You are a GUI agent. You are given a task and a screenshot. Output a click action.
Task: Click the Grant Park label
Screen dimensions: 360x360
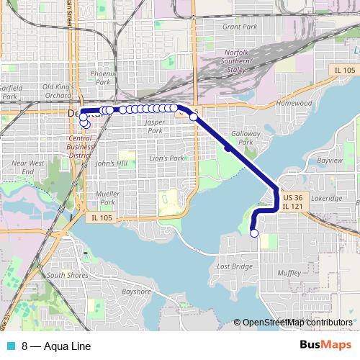click(240, 27)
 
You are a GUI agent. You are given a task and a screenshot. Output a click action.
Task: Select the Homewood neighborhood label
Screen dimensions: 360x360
click(293, 104)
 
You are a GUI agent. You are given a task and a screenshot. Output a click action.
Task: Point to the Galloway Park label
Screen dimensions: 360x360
click(242, 138)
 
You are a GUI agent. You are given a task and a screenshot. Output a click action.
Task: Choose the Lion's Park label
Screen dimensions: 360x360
click(167, 158)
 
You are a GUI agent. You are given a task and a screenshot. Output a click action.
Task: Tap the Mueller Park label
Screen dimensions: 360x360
click(107, 198)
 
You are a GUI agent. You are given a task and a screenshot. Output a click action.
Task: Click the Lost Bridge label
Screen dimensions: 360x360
click(234, 266)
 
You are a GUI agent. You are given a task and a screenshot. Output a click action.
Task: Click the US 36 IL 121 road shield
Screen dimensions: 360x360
click(292, 202)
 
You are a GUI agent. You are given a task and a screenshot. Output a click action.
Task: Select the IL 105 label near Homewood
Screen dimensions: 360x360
click(344, 70)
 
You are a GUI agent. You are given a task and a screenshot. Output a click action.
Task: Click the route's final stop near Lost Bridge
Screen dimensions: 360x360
click(253, 233)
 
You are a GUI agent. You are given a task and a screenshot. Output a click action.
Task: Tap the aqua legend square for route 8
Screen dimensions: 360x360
click(8, 346)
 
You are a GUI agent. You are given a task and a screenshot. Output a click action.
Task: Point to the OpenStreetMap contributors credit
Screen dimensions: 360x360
click(297, 322)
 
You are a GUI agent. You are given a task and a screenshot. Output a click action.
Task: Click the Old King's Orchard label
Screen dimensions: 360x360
click(59, 91)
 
